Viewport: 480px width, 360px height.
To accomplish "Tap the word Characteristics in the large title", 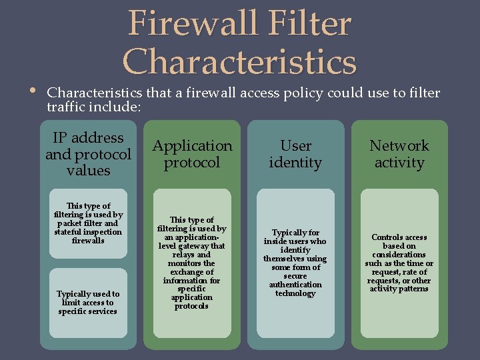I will (x=240, y=63).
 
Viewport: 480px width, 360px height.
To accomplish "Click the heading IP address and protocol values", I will (x=88, y=154).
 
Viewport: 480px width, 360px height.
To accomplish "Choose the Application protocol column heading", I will (x=192, y=154).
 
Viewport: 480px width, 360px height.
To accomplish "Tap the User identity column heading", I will (x=295, y=154).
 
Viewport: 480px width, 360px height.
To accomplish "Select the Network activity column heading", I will (x=399, y=154).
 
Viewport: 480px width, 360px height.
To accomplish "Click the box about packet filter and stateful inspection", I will (x=88, y=223).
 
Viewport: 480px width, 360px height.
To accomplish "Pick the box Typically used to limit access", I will (x=88, y=302).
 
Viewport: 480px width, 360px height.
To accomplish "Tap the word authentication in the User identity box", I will (x=295, y=285).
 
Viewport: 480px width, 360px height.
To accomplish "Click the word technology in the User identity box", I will (x=295, y=293).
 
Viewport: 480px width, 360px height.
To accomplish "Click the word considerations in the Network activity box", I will (x=399, y=255).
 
